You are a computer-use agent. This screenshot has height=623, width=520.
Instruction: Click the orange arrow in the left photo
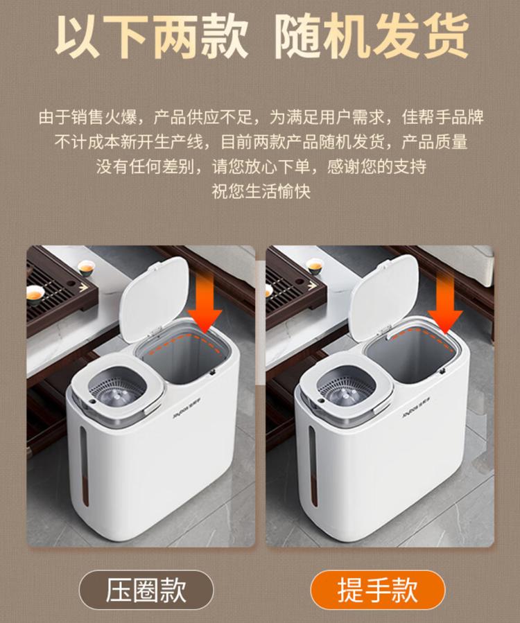point(205,303)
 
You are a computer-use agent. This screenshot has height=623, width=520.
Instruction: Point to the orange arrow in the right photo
point(446,303)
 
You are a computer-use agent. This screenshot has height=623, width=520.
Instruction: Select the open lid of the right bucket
point(384,297)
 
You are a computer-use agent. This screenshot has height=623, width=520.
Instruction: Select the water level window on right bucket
point(313,465)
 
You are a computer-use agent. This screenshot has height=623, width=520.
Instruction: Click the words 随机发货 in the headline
point(371,37)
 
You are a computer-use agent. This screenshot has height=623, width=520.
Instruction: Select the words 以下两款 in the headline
point(151,37)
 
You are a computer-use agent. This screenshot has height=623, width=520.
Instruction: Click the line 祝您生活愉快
point(261,191)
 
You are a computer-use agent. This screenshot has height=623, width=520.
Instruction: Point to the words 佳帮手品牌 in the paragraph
point(442,117)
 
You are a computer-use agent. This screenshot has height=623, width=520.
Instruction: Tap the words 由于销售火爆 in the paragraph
point(88,117)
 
